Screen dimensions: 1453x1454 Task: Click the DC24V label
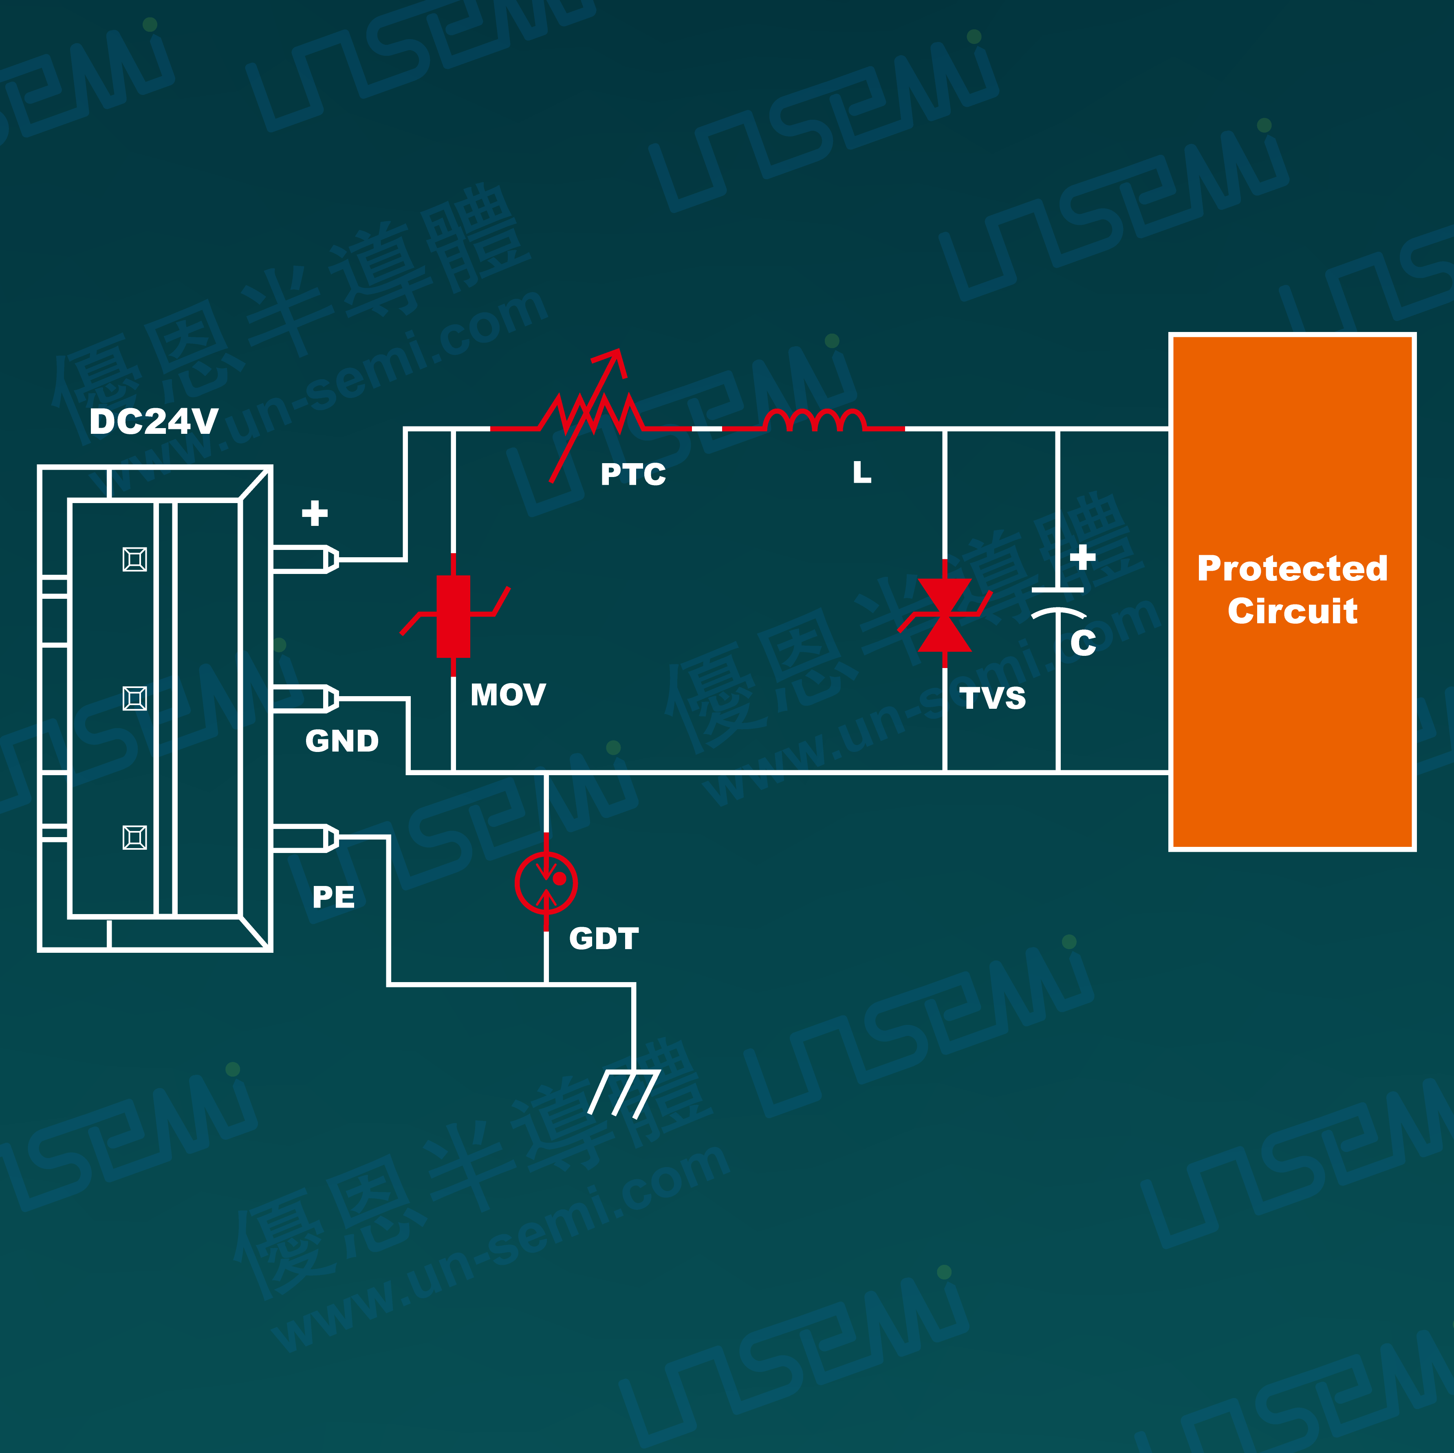(x=154, y=421)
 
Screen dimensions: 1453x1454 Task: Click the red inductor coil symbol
(x=813, y=420)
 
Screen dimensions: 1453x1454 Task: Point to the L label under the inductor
(x=862, y=473)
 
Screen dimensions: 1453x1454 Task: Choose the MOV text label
(x=508, y=695)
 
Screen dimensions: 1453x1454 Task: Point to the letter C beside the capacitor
(x=1083, y=643)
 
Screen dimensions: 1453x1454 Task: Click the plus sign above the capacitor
(x=1082, y=558)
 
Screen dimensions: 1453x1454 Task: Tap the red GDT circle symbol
(x=546, y=883)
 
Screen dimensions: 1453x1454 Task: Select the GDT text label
(x=604, y=938)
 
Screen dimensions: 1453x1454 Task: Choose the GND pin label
(x=341, y=741)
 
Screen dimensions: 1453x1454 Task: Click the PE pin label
(x=333, y=897)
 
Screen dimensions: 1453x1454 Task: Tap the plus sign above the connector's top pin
(x=315, y=513)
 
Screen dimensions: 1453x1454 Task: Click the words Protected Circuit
(x=1292, y=589)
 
